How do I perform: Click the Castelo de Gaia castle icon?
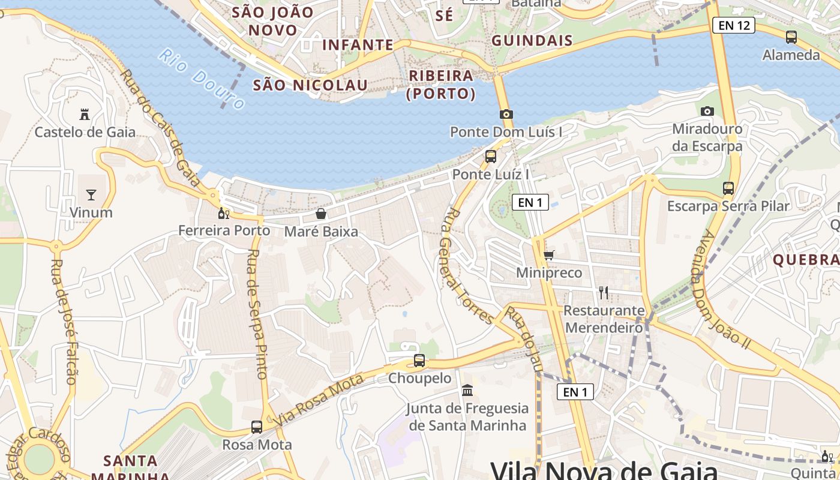pos(85,114)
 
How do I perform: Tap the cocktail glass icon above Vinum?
pos(91,194)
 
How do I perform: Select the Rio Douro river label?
pos(202,80)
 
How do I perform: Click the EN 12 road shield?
pos(733,25)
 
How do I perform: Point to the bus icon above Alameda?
pos(791,37)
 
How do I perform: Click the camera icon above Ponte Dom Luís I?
pos(506,114)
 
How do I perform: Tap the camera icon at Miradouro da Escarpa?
pos(707,111)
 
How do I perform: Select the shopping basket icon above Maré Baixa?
pos(321,214)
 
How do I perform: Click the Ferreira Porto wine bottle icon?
pos(224,213)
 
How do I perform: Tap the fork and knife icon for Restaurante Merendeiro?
pos(604,293)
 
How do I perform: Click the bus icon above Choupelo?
pos(419,361)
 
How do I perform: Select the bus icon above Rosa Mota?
pos(257,427)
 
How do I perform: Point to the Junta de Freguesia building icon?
pos(467,391)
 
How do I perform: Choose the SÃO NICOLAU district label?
pos(310,85)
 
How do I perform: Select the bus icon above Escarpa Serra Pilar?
pos(728,188)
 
